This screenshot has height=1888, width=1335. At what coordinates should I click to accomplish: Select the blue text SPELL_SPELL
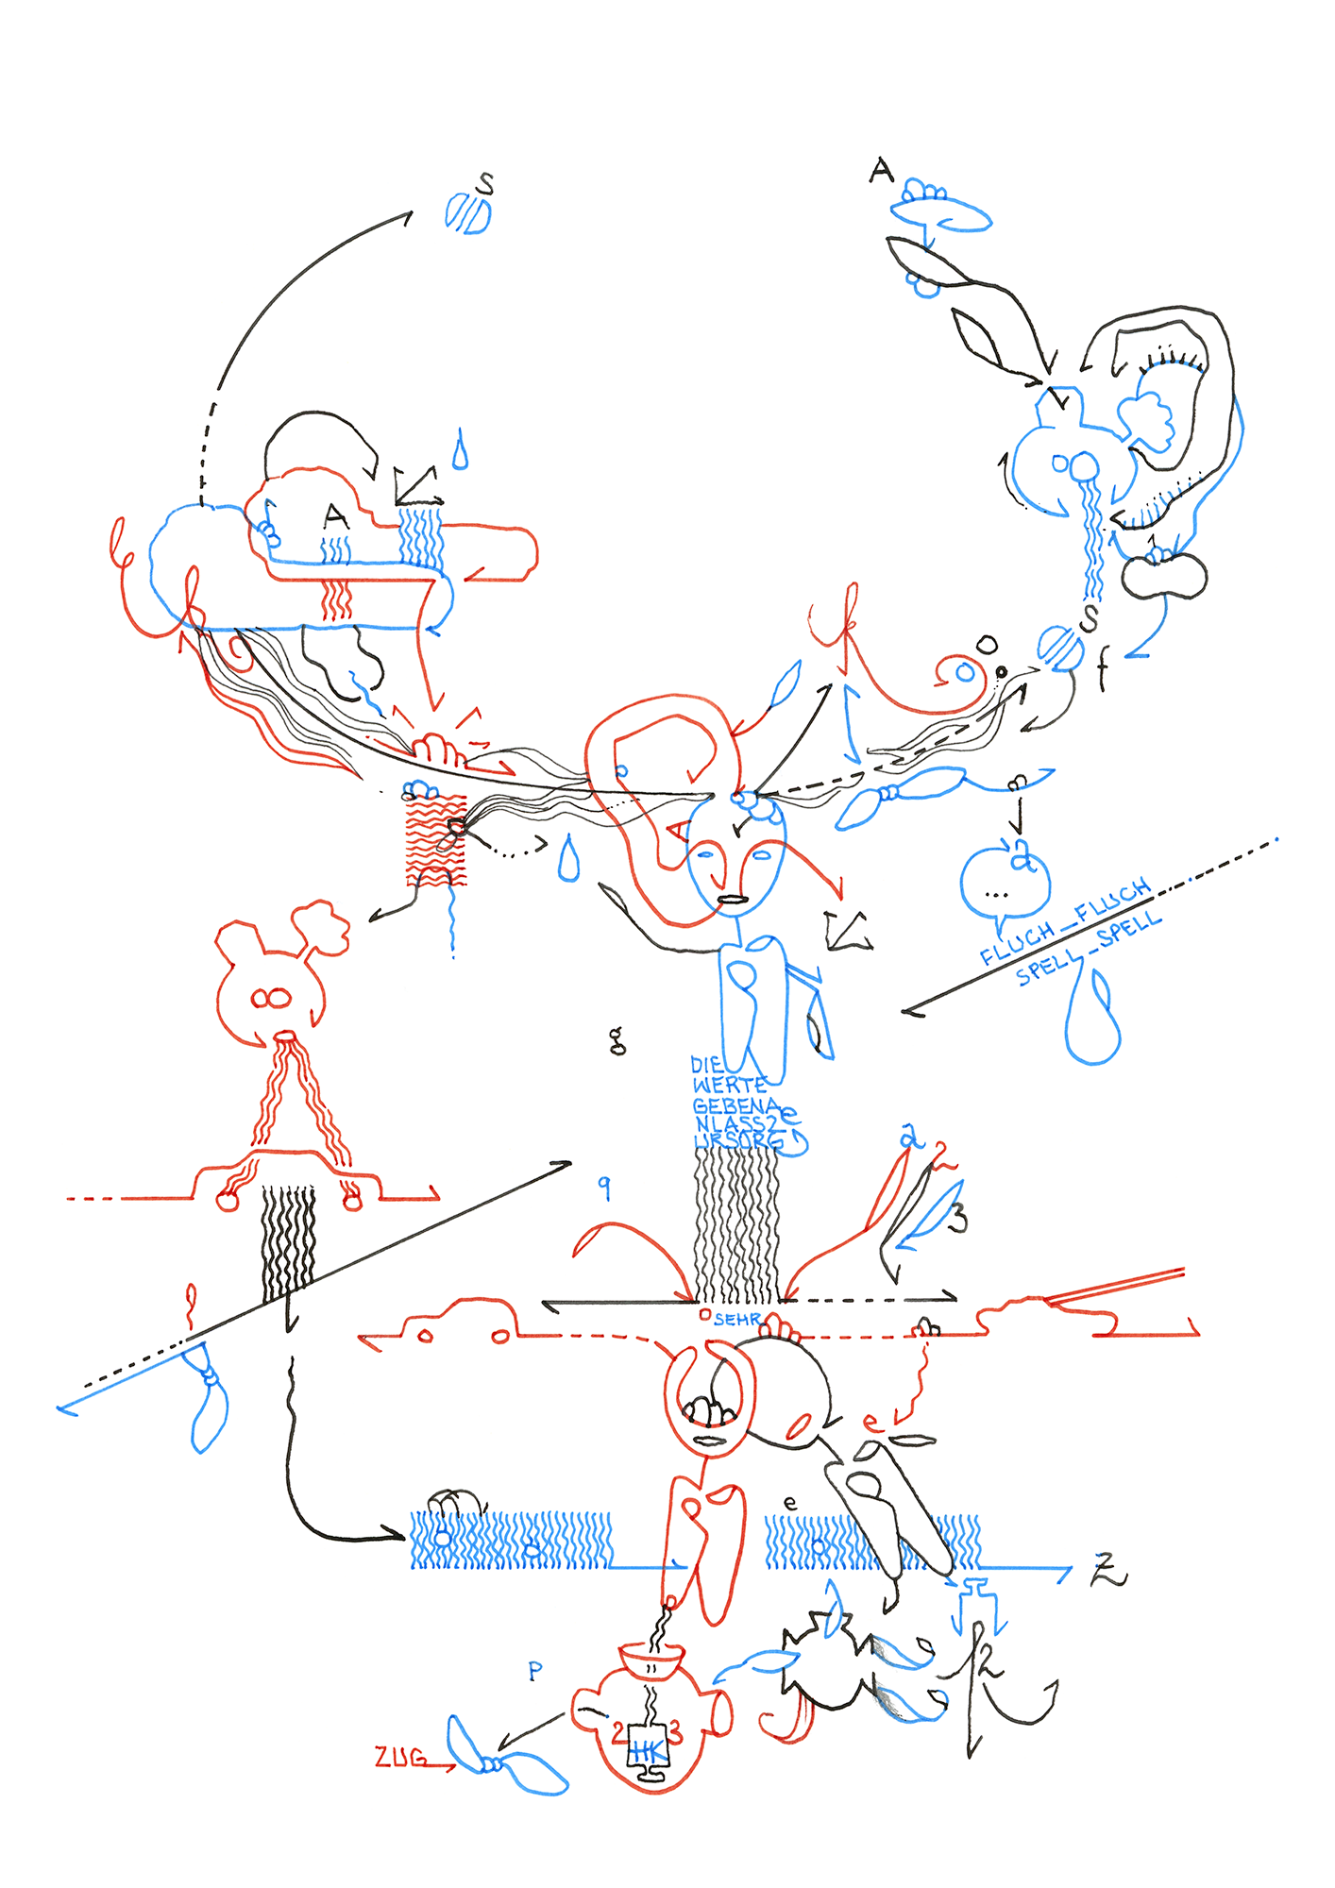pyautogui.click(x=1088, y=951)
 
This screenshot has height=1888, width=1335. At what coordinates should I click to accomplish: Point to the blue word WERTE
pyautogui.click(x=729, y=1086)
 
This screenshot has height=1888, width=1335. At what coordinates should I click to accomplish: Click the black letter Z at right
pyautogui.click(x=1108, y=1570)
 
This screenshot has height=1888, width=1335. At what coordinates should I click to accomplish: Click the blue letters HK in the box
pyautogui.click(x=648, y=1749)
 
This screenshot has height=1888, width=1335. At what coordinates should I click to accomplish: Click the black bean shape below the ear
pyautogui.click(x=1163, y=575)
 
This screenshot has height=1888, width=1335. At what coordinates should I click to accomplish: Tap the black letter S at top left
pyautogui.click(x=485, y=183)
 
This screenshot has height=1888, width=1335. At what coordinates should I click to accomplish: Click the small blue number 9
pyautogui.click(x=605, y=1188)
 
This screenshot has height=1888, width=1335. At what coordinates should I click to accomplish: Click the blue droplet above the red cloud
pyautogui.click(x=460, y=450)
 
